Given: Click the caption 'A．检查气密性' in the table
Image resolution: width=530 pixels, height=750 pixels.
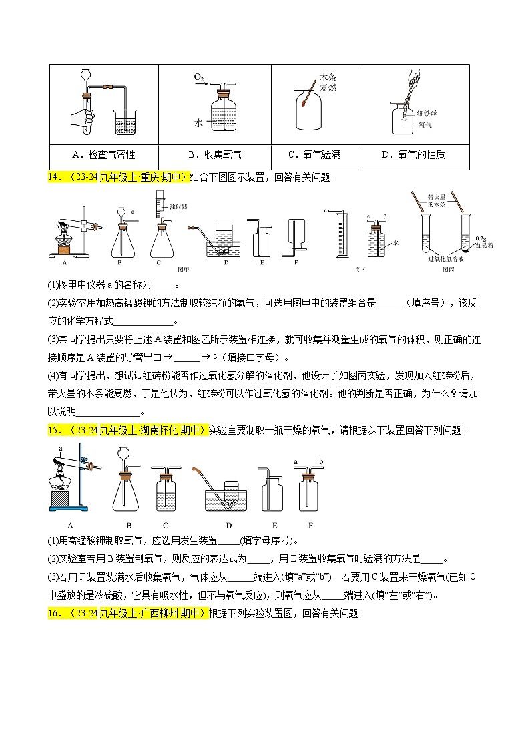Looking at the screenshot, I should [x=103, y=155].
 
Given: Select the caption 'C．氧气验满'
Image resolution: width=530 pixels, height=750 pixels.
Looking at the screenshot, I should [x=314, y=155].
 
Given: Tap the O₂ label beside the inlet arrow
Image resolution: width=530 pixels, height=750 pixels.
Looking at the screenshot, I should [x=199, y=78].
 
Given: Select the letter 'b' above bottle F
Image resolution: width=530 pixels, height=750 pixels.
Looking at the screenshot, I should [x=321, y=461].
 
